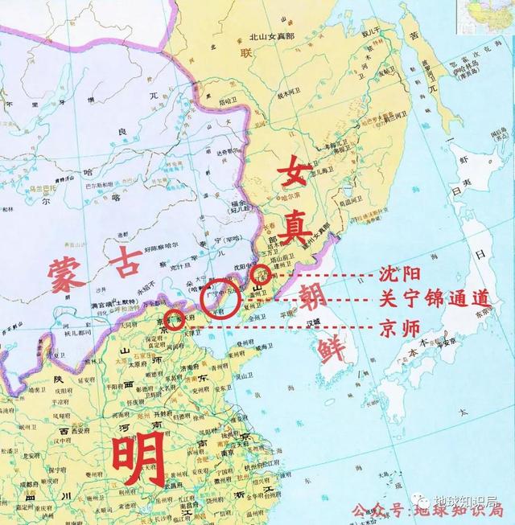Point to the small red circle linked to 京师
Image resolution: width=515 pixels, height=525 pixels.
pos(175,328)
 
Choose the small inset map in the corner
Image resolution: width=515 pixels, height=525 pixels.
pos(485,16)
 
